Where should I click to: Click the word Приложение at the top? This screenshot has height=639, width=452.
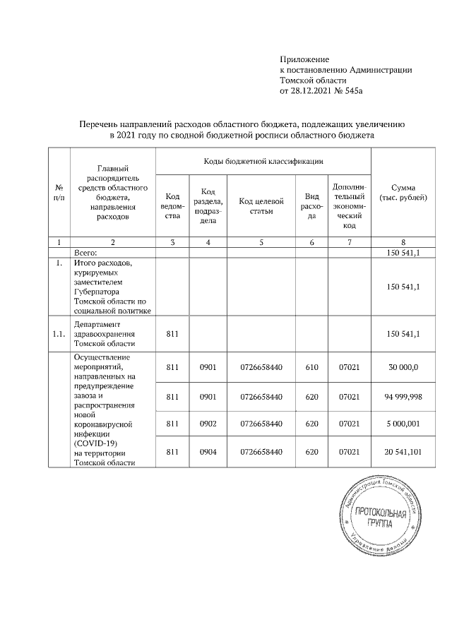[305, 59]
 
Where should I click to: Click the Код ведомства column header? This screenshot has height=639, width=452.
[172, 204]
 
